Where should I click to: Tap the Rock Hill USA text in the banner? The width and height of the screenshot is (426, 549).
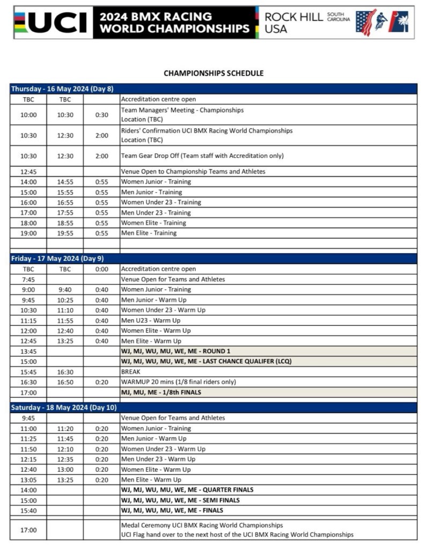tap(294, 23)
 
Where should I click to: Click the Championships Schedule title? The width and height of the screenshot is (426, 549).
tap(214, 73)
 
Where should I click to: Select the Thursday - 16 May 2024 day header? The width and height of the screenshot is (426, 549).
tap(62, 89)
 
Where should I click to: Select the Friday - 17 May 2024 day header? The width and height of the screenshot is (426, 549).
tap(57, 258)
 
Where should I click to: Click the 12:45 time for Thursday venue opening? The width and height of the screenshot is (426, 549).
tap(28, 171)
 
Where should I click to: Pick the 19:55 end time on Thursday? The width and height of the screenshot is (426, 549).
tap(65, 233)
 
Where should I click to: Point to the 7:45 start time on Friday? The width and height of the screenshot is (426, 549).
tap(28, 279)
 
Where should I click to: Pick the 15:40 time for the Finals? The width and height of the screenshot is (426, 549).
tap(28, 510)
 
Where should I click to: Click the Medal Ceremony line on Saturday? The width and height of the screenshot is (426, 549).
tap(202, 525)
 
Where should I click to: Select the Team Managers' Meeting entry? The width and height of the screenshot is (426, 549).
tap(182, 110)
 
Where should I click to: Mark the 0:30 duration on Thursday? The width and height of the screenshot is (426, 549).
tap(101, 115)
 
